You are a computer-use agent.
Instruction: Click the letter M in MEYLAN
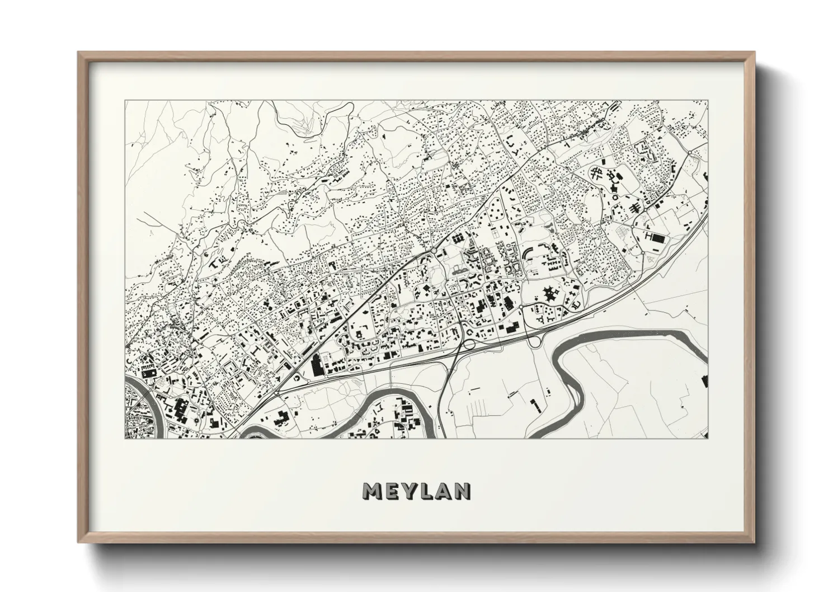[373, 491]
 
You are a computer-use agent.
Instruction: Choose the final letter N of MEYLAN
[463, 491]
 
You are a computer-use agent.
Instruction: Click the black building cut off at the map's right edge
[704, 382]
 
